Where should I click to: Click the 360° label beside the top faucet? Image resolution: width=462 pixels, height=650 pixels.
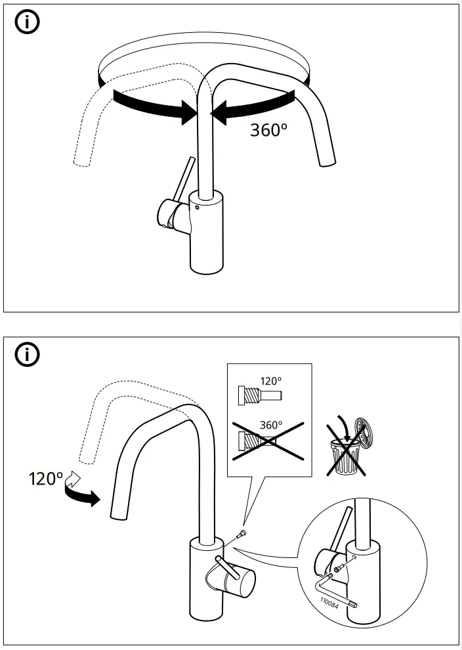(x=268, y=129)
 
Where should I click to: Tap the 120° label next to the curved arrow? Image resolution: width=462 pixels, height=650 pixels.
(x=44, y=478)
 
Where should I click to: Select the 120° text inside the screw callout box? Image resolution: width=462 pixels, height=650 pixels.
(x=270, y=381)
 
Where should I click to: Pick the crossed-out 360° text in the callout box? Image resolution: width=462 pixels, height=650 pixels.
(x=270, y=425)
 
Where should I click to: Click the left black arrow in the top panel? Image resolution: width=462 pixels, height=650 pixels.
(x=151, y=103)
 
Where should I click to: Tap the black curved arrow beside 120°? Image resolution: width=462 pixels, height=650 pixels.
(x=81, y=495)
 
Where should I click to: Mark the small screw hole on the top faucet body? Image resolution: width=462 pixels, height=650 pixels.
(x=196, y=209)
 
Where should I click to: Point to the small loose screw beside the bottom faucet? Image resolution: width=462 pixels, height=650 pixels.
(x=243, y=534)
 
